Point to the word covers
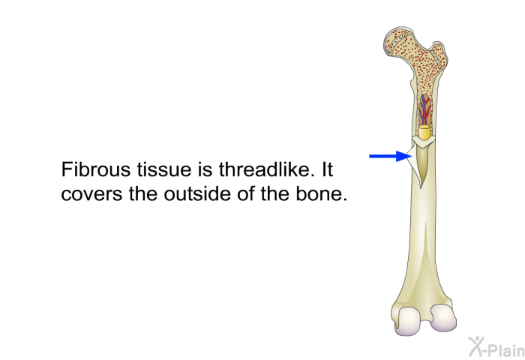coord(91,194)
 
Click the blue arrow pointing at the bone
coord(390,156)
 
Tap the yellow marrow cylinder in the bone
coord(424,132)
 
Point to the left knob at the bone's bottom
coord(409,321)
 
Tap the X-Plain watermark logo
coord(496,347)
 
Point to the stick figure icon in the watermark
coord(475,346)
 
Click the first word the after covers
coord(143,193)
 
